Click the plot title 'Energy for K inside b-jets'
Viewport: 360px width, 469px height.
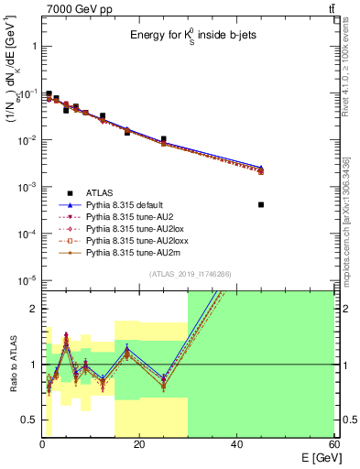click(x=189, y=35)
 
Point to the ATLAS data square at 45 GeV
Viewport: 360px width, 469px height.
click(x=261, y=204)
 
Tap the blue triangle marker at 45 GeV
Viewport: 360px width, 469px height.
click(x=261, y=167)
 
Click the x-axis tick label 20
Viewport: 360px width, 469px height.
click(x=139, y=444)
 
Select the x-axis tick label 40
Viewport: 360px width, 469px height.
click(x=236, y=444)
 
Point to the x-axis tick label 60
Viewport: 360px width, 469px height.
click(x=333, y=444)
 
